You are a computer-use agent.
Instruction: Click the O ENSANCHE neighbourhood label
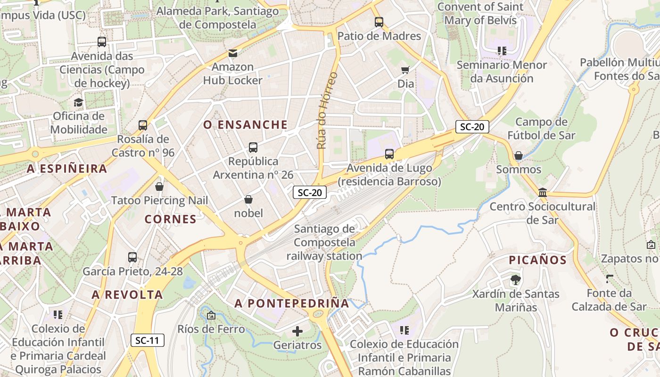tap(245, 125)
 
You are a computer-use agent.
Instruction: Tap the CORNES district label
tap(170, 219)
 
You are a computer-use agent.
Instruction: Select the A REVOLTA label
tap(127, 295)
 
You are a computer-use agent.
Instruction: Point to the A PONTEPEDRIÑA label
tap(292, 303)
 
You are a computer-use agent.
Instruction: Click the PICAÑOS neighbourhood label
tap(537, 260)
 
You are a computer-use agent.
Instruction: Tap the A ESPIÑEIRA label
tap(67, 169)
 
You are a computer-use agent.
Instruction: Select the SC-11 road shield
tap(148, 340)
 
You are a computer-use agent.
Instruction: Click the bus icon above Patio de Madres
tap(379, 22)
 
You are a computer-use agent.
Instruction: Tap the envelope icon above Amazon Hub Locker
tap(233, 53)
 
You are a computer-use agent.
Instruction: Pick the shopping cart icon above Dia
tap(405, 70)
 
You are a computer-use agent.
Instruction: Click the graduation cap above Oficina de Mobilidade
tap(78, 102)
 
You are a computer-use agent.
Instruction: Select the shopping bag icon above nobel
tap(248, 200)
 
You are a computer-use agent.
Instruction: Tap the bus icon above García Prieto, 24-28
tap(132, 257)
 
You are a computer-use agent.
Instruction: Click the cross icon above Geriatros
tap(297, 331)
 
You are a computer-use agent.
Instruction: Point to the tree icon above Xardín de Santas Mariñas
tap(516, 280)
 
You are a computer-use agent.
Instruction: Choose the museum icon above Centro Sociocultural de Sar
tap(543, 192)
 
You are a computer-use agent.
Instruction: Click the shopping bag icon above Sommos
tap(519, 155)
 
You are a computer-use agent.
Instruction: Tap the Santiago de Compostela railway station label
tap(324, 243)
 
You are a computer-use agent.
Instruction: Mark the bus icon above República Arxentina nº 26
tap(253, 148)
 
